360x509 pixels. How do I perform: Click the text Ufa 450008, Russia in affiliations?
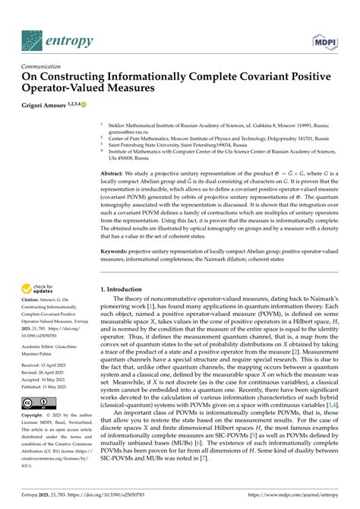131,158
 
